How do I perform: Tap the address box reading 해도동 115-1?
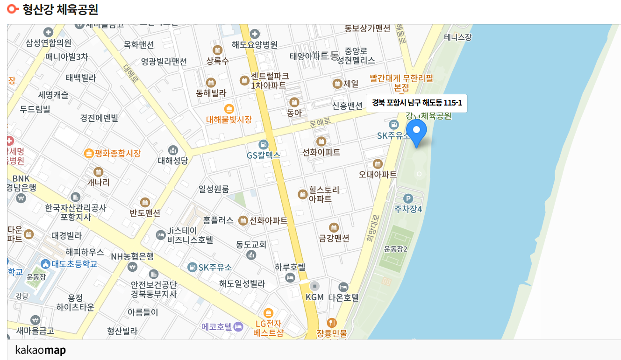[x=416, y=103]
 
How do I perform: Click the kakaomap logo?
[x=40, y=350]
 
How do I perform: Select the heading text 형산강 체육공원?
[x=60, y=9]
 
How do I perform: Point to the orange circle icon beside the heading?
[x=14, y=9]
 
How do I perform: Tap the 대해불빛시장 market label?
[x=229, y=119]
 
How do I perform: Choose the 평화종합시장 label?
[x=117, y=153]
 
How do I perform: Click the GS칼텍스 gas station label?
[x=264, y=155]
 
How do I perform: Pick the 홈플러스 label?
[x=218, y=220]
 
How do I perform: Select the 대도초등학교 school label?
[x=74, y=264]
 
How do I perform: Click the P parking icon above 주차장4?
[x=408, y=199]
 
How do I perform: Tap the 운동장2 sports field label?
[x=396, y=249]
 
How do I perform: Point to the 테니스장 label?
[x=458, y=37]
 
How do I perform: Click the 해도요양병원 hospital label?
[x=255, y=45]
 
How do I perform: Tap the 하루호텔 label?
[x=290, y=268]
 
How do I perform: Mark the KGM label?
[x=314, y=297]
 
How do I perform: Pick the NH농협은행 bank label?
[x=132, y=256]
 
